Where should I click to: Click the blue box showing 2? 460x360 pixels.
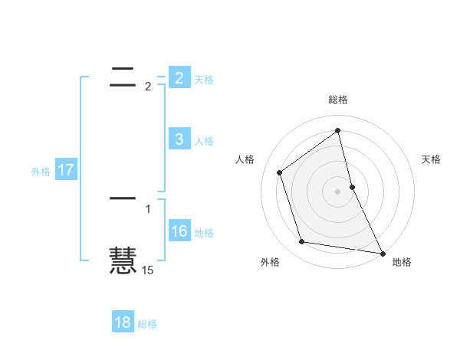[179, 77]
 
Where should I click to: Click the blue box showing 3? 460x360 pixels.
[179, 139]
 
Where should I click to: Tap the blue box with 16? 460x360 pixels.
[179, 231]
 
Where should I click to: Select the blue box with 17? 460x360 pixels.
[66, 169]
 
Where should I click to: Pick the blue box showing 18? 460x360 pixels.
[123, 322]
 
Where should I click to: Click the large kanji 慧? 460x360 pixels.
[123, 260]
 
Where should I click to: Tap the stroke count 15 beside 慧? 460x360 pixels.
[148, 270]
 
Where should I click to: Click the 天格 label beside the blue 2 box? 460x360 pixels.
[204, 79]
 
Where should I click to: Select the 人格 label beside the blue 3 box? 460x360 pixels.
[204, 141]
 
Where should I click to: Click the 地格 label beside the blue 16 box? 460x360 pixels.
[204, 233]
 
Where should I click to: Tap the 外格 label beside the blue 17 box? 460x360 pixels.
[41, 172]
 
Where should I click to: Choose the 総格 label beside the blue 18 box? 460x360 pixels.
[147, 325]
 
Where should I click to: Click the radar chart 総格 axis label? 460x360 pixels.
[338, 100]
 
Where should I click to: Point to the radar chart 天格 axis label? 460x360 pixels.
[432, 159]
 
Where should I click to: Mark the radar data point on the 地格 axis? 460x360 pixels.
[382, 252]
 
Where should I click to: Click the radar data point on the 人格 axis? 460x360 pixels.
[280, 172]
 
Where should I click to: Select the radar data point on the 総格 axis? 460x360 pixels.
[338, 130]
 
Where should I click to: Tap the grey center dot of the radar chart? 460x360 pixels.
[338, 191]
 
